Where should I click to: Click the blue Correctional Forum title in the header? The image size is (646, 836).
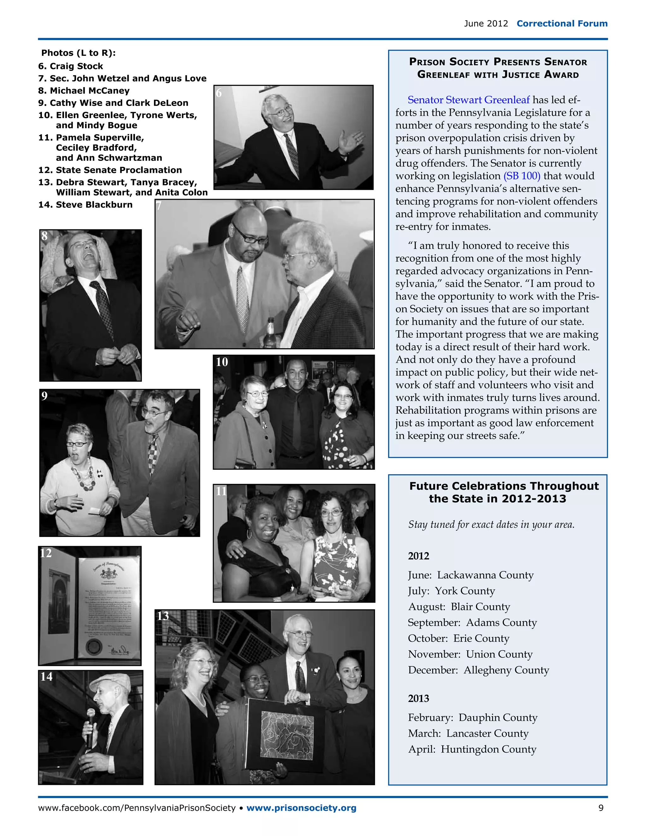561,23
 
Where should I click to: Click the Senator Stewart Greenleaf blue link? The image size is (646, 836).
468,100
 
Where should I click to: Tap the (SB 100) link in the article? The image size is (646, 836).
522,176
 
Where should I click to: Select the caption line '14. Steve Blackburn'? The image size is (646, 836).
85,205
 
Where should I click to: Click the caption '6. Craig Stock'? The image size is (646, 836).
71,66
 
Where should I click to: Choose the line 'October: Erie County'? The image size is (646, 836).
458,639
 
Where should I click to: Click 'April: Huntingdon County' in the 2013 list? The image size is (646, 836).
472,749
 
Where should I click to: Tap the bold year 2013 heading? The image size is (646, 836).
418,698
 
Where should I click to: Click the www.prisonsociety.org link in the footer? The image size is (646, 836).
301,808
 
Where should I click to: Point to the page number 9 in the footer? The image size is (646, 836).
601,808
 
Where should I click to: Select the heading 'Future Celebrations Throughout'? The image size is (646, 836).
504,486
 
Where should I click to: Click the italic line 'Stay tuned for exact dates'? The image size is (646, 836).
491,524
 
